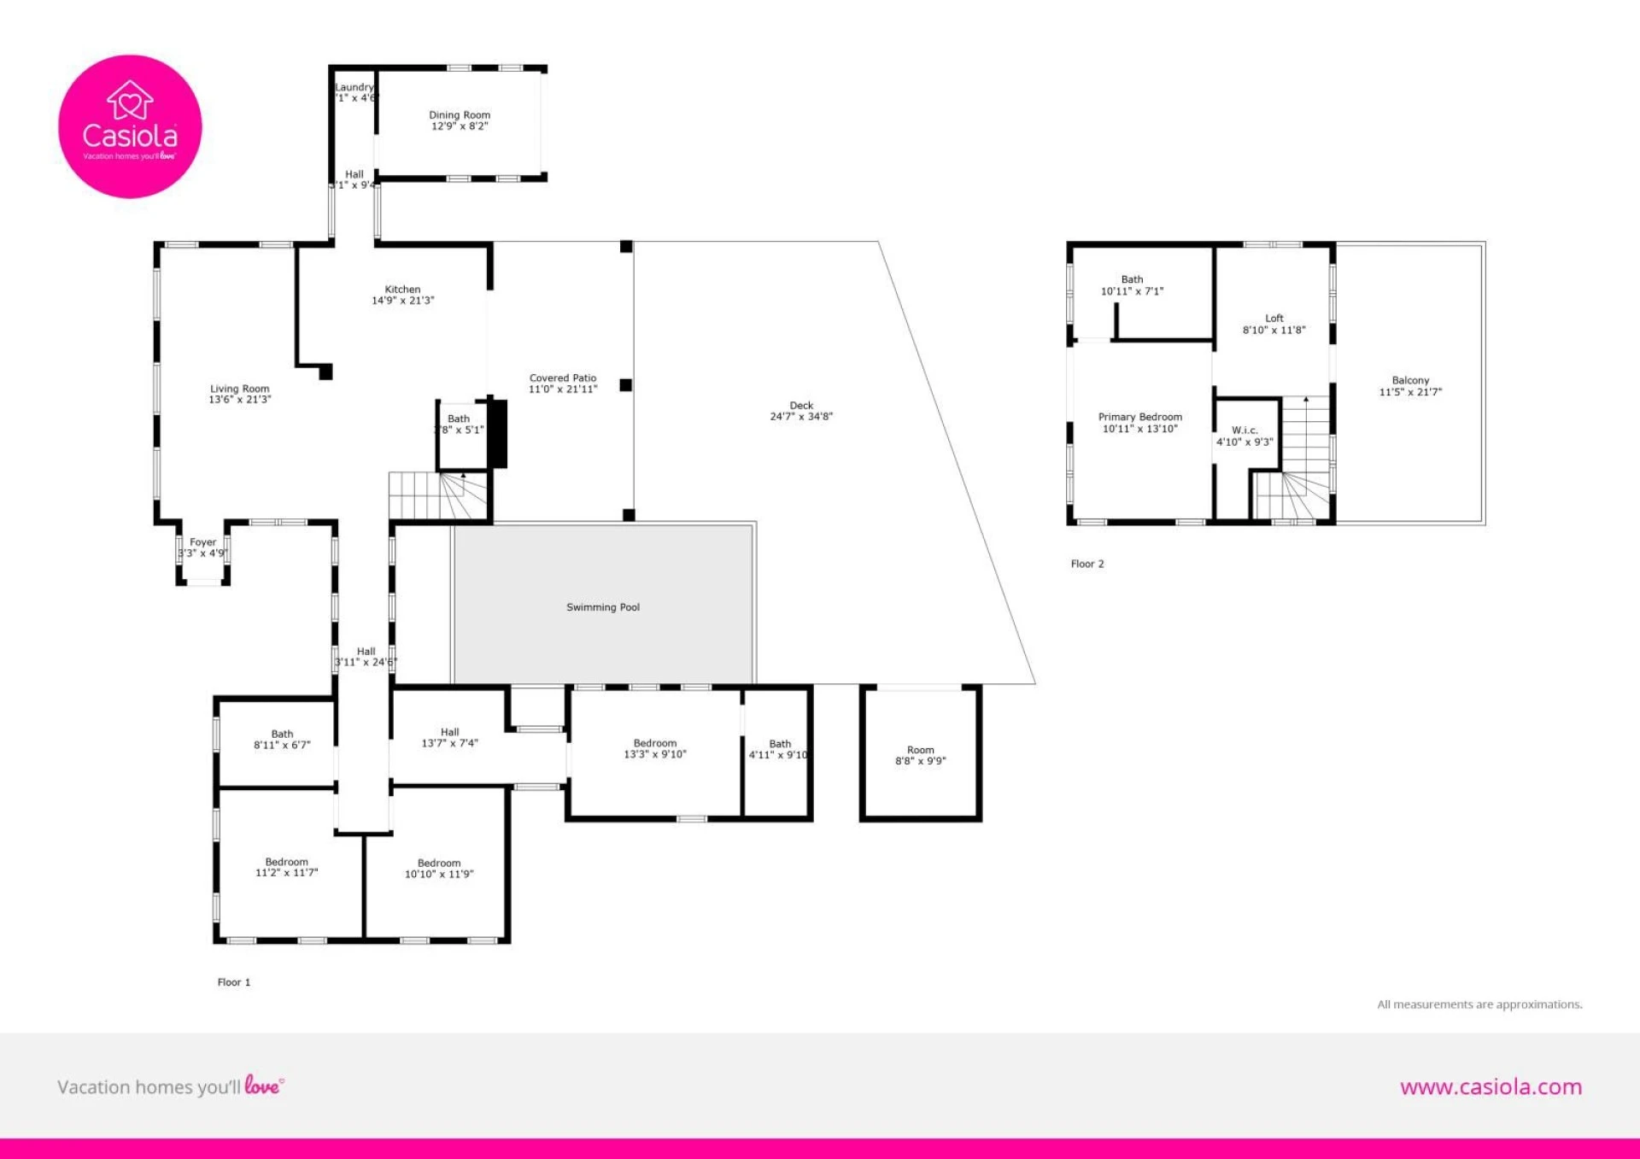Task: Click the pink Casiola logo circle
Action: (130, 126)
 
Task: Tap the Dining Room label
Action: (460, 114)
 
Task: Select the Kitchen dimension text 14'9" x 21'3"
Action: (402, 301)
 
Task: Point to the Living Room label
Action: (239, 389)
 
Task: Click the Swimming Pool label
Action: (602, 607)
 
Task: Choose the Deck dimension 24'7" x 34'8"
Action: (800, 417)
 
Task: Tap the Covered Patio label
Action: (562, 378)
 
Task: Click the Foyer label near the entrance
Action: (202, 542)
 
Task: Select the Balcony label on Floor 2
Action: (1410, 380)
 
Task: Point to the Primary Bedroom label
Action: (1139, 417)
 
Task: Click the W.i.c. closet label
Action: (1244, 430)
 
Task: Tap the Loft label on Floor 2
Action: (1274, 318)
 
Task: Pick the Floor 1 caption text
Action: (234, 982)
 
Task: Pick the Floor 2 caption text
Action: (1087, 564)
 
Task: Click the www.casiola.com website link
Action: (1490, 1086)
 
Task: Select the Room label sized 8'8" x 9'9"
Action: (920, 750)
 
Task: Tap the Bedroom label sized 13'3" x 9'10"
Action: (654, 743)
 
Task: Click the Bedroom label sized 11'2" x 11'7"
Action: (286, 862)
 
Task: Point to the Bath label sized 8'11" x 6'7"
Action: (282, 734)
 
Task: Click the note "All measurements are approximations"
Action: (1479, 1004)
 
